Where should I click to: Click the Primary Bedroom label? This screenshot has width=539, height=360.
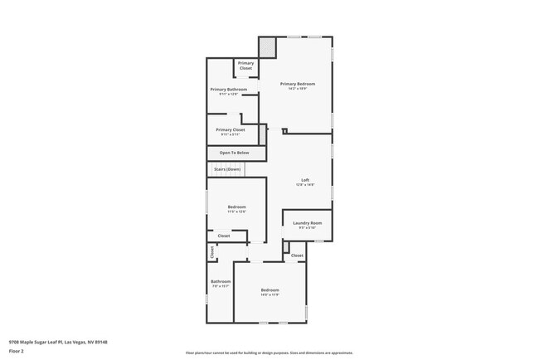pos(298,84)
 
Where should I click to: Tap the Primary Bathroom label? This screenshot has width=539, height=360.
pos(228,89)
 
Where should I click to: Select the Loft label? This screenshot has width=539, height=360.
pos(305,180)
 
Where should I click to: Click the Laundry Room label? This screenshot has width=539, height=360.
pos(307,223)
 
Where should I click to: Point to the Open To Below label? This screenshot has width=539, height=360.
pos(234,153)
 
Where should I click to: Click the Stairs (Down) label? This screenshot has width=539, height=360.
pos(227,169)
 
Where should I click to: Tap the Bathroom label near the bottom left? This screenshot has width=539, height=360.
pos(221,281)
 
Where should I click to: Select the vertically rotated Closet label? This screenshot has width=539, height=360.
pos(211,253)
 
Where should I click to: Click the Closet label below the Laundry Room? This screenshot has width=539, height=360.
pos(297,255)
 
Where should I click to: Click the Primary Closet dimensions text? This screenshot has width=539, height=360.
pos(230,135)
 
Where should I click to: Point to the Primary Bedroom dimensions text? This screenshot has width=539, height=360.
pos(298,89)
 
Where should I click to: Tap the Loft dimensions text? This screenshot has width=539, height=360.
pos(305,185)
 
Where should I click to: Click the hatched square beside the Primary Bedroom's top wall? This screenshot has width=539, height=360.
pos(267,48)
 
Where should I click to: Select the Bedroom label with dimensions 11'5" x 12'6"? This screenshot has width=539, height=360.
pos(236,207)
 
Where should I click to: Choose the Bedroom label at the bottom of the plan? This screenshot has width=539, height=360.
pos(270,289)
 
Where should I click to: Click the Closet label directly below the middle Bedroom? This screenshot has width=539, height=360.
pos(224,236)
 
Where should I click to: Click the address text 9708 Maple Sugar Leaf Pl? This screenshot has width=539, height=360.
pos(58,341)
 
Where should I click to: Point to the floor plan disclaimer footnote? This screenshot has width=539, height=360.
pos(269,353)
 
